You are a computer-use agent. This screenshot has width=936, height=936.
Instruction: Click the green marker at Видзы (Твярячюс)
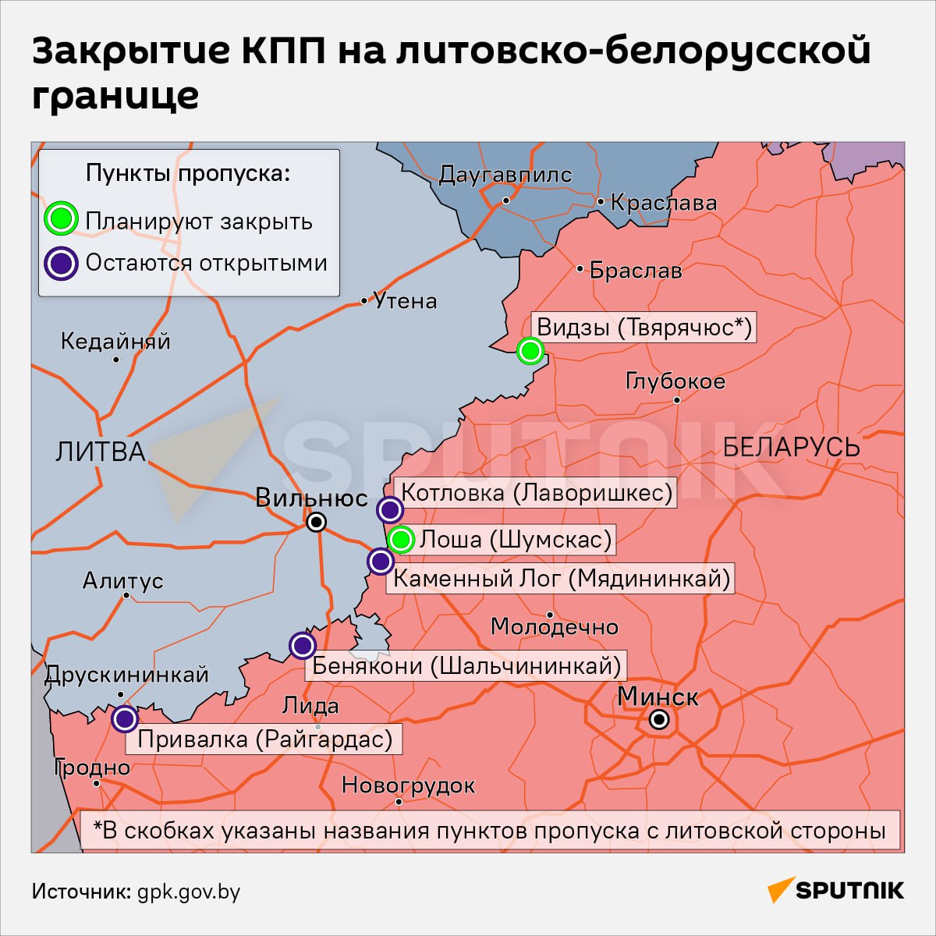(x=530, y=351)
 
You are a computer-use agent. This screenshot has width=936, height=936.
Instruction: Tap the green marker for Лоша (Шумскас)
(x=401, y=539)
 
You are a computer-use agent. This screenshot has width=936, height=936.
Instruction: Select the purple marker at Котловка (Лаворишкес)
(x=389, y=510)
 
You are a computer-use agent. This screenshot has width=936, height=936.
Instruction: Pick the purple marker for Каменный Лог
(x=380, y=561)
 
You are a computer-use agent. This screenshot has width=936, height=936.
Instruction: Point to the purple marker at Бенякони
(x=302, y=645)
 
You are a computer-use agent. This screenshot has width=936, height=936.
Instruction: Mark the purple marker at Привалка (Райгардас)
(x=125, y=718)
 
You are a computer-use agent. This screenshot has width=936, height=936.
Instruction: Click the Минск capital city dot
(x=659, y=719)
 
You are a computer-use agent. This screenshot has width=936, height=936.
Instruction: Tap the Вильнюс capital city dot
(x=316, y=522)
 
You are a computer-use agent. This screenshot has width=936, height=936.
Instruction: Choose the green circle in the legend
(x=61, y=218)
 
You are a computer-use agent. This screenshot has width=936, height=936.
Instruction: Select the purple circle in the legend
(x=61, y=263)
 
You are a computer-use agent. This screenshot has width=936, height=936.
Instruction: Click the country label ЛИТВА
(x=101, y=452)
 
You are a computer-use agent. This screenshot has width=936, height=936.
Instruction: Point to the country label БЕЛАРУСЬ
(x=791, y=447)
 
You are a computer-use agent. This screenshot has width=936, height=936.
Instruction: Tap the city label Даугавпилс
(x=505, y=175)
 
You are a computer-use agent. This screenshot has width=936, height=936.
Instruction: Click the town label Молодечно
(x=555, y=626)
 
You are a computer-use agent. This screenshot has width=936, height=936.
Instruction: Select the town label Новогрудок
(x=409, y=785)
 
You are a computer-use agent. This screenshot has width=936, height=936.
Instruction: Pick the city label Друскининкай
(x=126, y=674)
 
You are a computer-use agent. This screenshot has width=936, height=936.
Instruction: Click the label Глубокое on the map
(x=675, y=381)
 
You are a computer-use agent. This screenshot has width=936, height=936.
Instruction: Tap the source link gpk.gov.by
(x=189, y=892)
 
